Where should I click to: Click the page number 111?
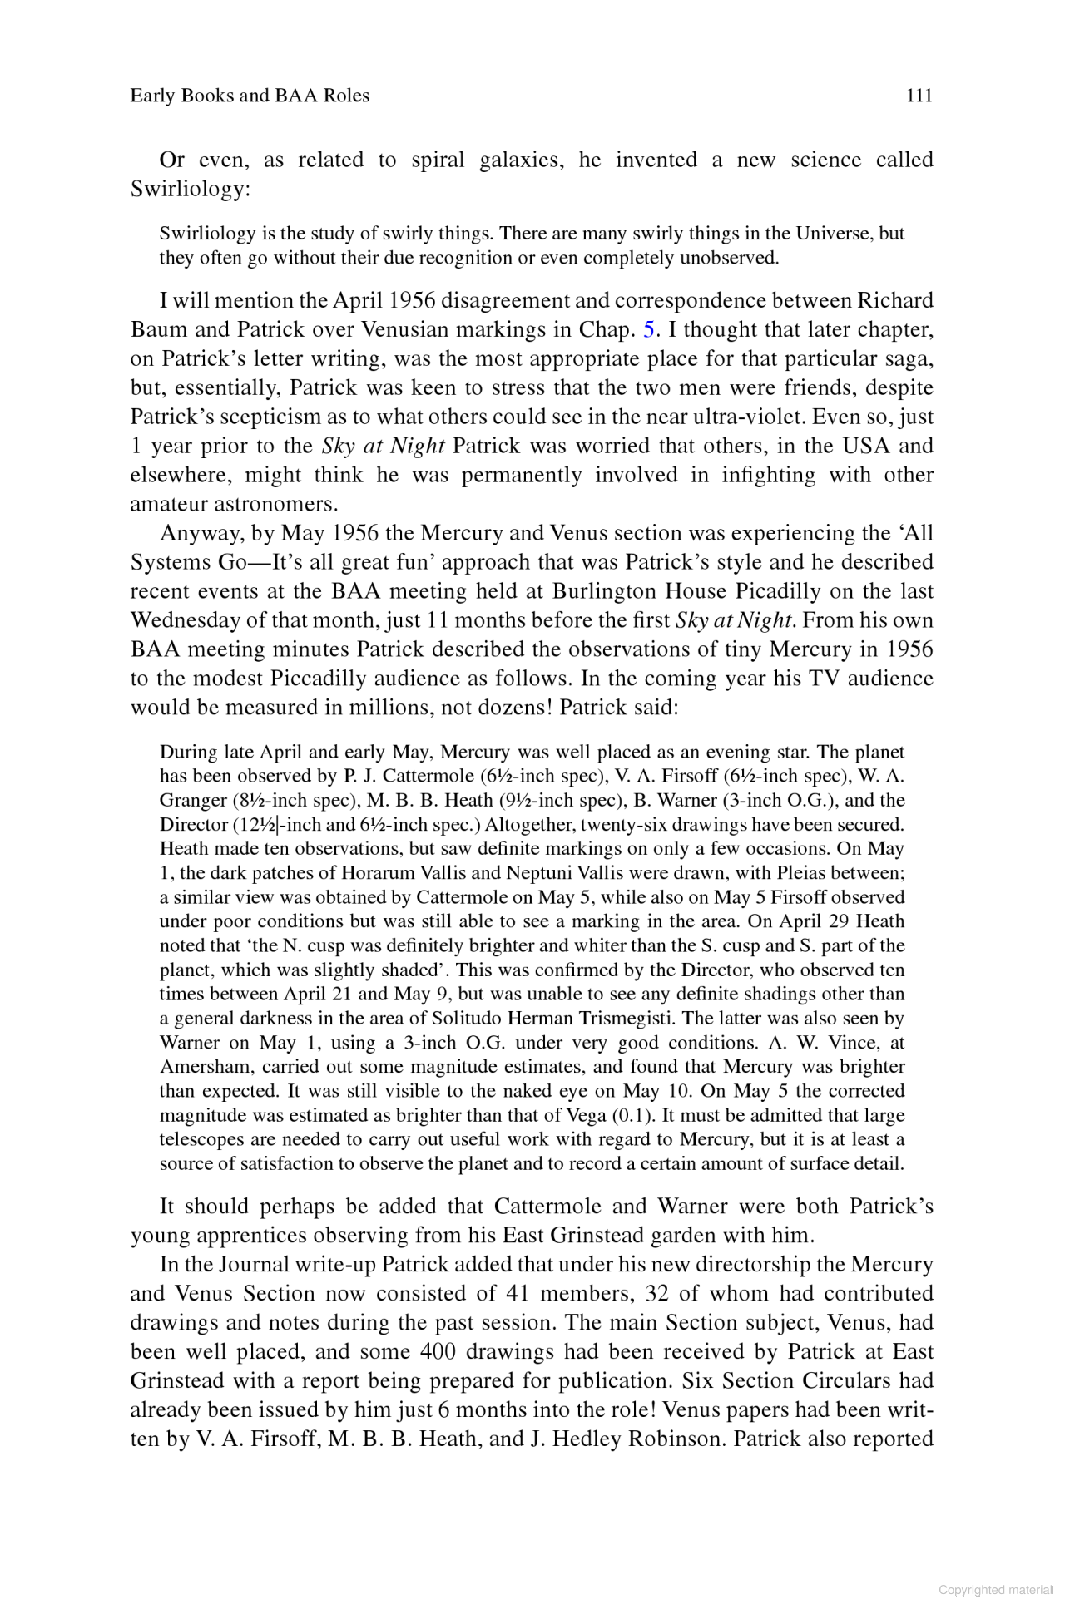point(919,96)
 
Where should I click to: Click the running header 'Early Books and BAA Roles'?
point(250,96)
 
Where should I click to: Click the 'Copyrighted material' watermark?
point(995,1590)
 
